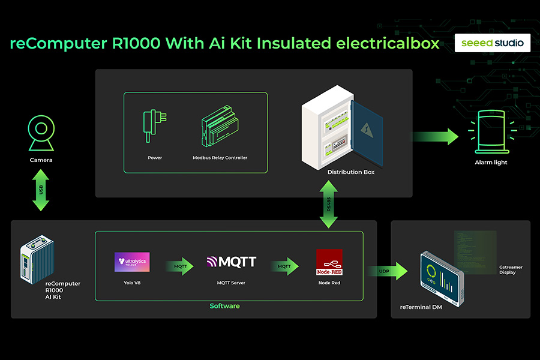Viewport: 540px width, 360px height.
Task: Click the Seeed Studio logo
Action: tap(492, 43)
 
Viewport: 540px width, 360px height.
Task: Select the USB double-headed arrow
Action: tap(41, 190)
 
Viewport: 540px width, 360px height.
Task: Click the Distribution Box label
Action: tap(350, 172)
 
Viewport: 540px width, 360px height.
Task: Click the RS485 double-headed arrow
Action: tap(328, 205)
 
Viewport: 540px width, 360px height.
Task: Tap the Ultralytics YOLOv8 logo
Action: tap(132, 262)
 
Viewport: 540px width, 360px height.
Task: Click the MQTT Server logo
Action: tap(232, 262)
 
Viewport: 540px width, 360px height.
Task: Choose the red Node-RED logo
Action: tap(329, 262)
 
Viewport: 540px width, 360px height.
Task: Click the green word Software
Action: tap(224, 306)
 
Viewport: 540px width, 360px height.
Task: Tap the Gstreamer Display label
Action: tap(511, 269)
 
